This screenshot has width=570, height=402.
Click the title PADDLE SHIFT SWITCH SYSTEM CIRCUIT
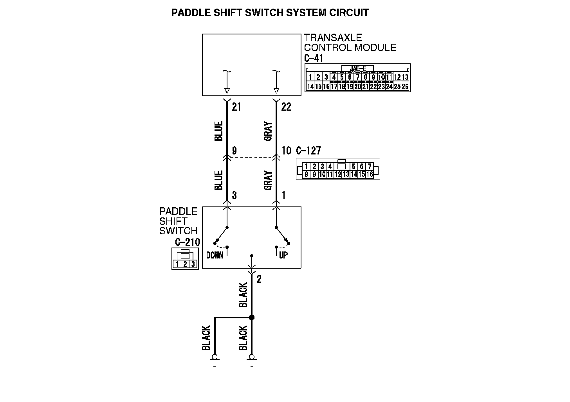point(270,13)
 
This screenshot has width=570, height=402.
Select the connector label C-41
point(314,58)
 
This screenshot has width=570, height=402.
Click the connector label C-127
point(308,151)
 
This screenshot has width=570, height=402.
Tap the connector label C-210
point(188,242)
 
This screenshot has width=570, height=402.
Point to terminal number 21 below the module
point(236,107)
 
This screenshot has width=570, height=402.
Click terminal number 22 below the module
point(286,107)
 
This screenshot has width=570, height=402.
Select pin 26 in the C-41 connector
point(405,86)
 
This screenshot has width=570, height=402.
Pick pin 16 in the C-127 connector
point(370,174)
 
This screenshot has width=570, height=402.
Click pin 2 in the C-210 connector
point(185,264)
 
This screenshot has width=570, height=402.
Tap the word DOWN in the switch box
point(215,255)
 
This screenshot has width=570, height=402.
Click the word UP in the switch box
point(283,255)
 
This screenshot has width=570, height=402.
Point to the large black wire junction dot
point(252,318)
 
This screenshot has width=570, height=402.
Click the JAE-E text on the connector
point(358,68)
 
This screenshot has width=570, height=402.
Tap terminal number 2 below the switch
point(259,279)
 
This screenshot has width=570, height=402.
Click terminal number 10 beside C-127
point(286,151)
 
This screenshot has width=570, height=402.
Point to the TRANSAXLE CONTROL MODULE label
point(350,43)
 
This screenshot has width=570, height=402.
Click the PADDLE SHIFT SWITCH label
point(179,221)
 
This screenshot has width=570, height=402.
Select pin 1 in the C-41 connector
point(310,77)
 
